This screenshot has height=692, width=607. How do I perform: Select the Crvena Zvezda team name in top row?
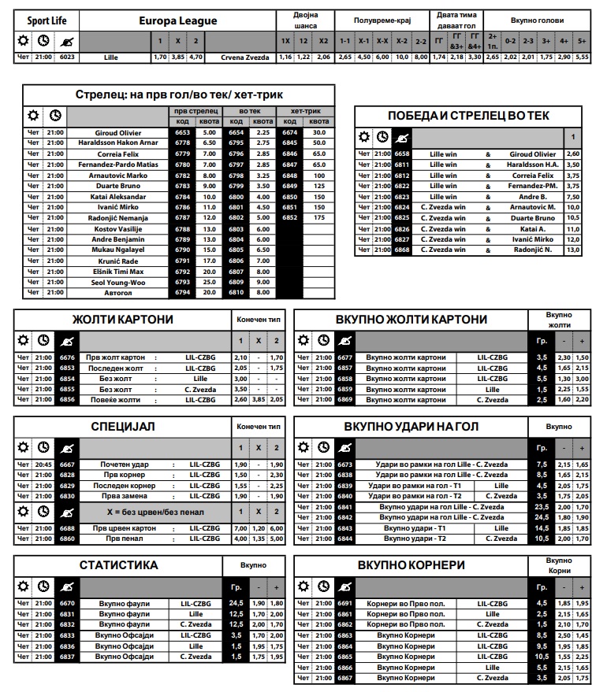pos(245,57)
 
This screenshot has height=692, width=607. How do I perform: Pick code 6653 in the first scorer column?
pos(182,133)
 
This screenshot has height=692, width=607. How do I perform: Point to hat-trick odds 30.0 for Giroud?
pos(319,133)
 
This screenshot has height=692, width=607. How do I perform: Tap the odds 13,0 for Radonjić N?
pos(573,250)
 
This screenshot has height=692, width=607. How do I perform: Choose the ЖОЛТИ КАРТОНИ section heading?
pos(123,320)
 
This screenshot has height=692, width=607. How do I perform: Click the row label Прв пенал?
pos(124,538)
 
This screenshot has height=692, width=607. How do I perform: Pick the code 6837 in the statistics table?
pos(67,657)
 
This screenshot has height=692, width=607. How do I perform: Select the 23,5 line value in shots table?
pos(542,507)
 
